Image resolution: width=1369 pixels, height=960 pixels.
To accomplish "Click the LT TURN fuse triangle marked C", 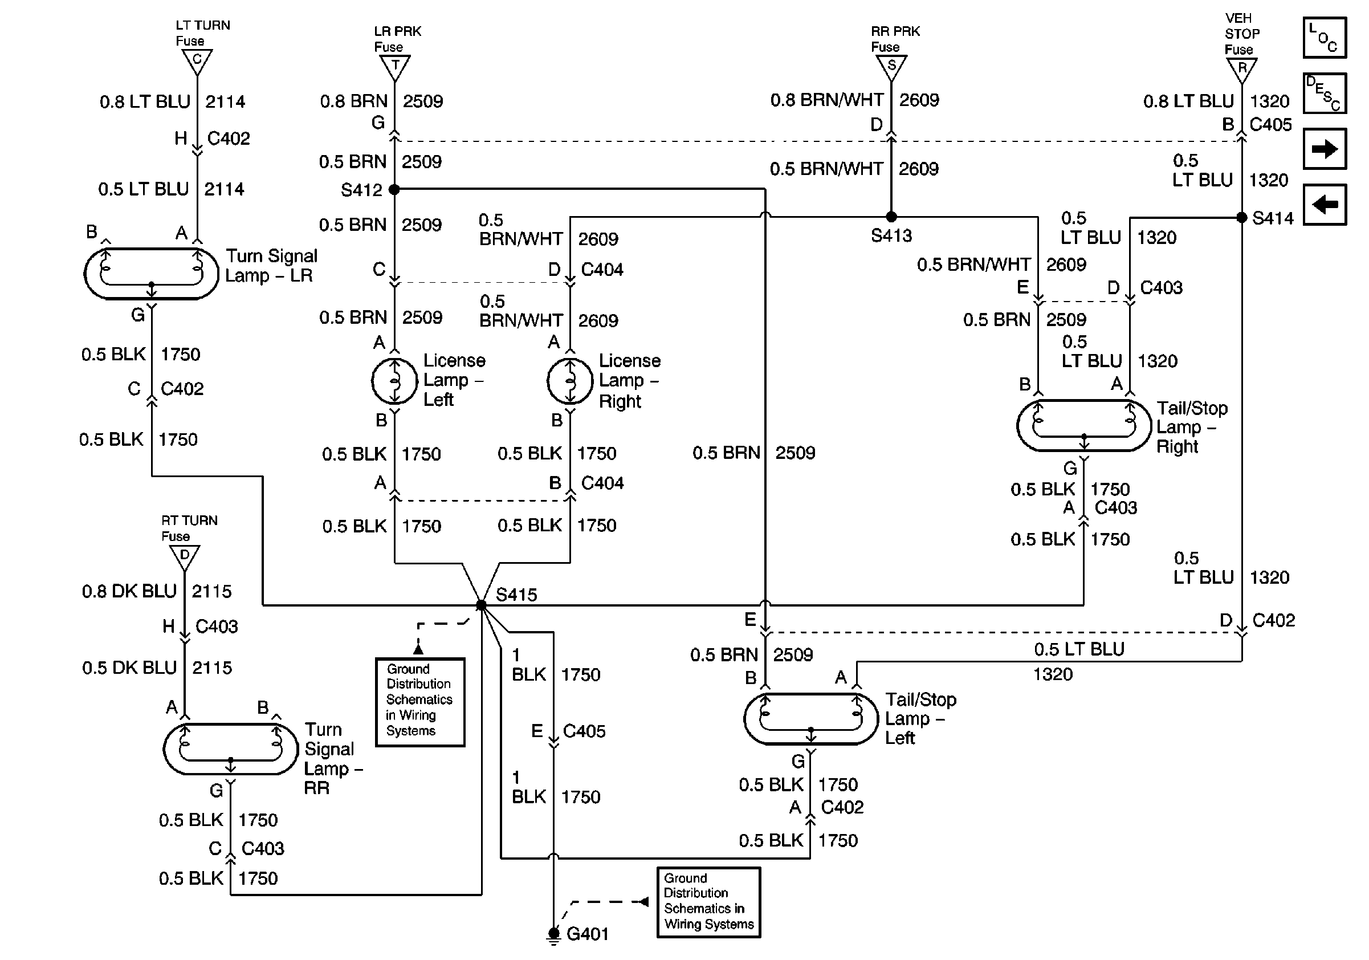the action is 197,61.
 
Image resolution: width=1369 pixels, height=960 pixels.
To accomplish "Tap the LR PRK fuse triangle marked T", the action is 395,67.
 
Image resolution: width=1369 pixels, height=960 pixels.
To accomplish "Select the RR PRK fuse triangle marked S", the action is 891,67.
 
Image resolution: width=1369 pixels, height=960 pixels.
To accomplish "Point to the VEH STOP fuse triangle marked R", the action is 1242,69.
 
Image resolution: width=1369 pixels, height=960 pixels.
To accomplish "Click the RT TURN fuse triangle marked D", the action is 185,557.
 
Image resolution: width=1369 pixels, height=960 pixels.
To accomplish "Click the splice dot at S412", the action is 394,190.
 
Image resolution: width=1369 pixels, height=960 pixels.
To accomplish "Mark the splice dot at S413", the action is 891,217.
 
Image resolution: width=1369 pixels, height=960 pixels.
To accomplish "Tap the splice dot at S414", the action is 1242,218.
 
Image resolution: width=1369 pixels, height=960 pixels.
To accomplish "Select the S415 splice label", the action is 516,595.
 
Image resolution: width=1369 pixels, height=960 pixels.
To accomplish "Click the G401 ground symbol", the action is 554,935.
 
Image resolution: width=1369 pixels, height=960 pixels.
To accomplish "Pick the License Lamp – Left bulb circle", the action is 394,381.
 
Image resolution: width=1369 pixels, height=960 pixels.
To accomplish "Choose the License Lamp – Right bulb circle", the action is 570,381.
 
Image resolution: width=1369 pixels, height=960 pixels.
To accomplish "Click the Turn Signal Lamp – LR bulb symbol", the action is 152,274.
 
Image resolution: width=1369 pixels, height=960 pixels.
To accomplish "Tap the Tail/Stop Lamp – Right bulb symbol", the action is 1084,425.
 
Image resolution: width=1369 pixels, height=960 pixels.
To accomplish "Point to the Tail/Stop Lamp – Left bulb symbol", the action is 811,718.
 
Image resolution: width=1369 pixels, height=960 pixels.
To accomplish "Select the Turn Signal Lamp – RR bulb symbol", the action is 231,750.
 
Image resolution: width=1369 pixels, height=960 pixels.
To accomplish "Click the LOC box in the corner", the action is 1325,38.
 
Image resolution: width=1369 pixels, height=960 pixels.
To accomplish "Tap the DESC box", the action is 1325,93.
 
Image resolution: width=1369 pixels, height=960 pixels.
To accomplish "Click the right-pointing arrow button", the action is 1325,148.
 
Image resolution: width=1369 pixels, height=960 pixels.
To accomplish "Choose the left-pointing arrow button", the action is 1325,205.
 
